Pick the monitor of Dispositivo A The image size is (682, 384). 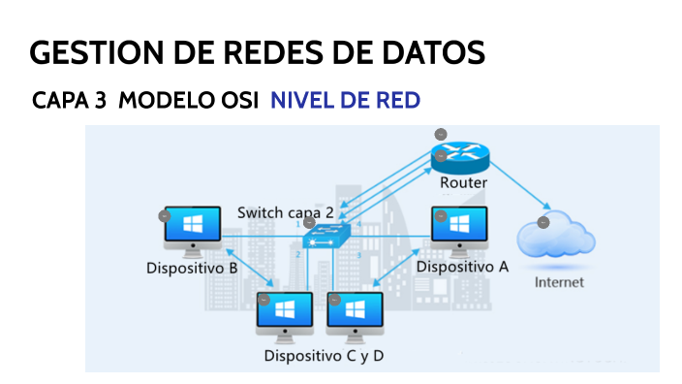(459, 227)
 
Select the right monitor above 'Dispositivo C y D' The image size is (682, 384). (356, 311)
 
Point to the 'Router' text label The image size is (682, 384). (463, 182)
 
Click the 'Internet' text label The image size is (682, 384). (560, 282)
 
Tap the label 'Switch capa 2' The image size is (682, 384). (286, 212)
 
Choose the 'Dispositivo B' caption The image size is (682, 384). (192, 268)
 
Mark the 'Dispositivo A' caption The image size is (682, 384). (462, 266)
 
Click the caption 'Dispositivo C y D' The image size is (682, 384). (324, 356)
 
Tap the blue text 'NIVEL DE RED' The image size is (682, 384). (345, 101)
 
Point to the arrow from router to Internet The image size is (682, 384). (521, 189)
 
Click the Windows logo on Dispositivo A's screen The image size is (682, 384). (460, 225)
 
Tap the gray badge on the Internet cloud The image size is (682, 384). (542, 222)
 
